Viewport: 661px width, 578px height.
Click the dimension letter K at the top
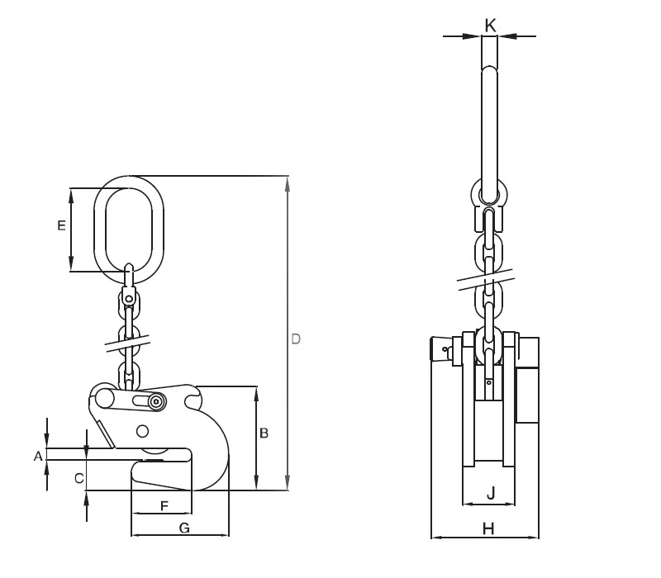(489, 26)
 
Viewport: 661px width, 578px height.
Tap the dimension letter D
(297, 339)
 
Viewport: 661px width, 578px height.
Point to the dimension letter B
(264, 433)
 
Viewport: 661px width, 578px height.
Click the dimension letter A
(37, 455)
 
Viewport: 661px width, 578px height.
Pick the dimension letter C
(79, 477)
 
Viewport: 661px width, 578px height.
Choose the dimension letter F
(164, 504)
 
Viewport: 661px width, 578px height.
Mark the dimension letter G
(184, 528)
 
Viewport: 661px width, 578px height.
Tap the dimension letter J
(490, 495)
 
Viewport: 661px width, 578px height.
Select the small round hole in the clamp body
(144, 430)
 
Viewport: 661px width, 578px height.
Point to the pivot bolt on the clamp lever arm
(156, 401)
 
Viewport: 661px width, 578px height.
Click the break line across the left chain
(129, 341)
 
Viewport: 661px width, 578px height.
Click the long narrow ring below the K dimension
(489, 132)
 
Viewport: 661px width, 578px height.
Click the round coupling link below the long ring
(489, 195)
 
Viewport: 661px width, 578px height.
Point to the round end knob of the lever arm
(104, 398)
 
